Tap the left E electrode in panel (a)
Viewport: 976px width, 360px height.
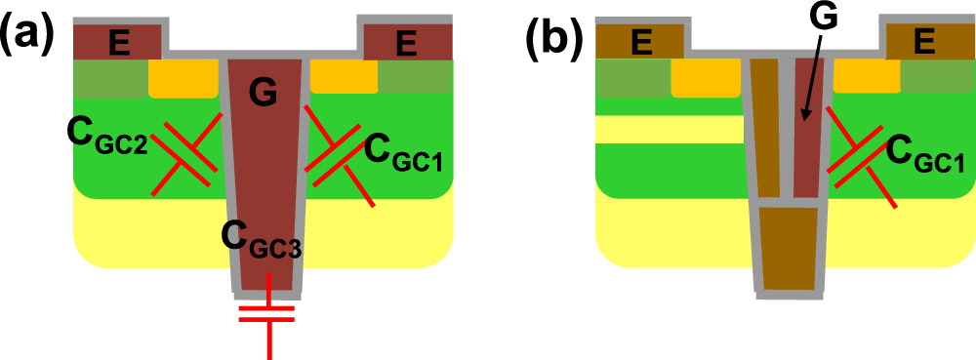click(118, 41)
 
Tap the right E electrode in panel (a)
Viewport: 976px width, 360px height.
click(407, 41)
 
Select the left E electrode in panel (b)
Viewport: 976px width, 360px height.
click(640, 41)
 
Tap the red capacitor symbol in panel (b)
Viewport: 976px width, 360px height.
click(859, 154)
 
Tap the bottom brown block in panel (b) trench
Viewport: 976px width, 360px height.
click(789, 248)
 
